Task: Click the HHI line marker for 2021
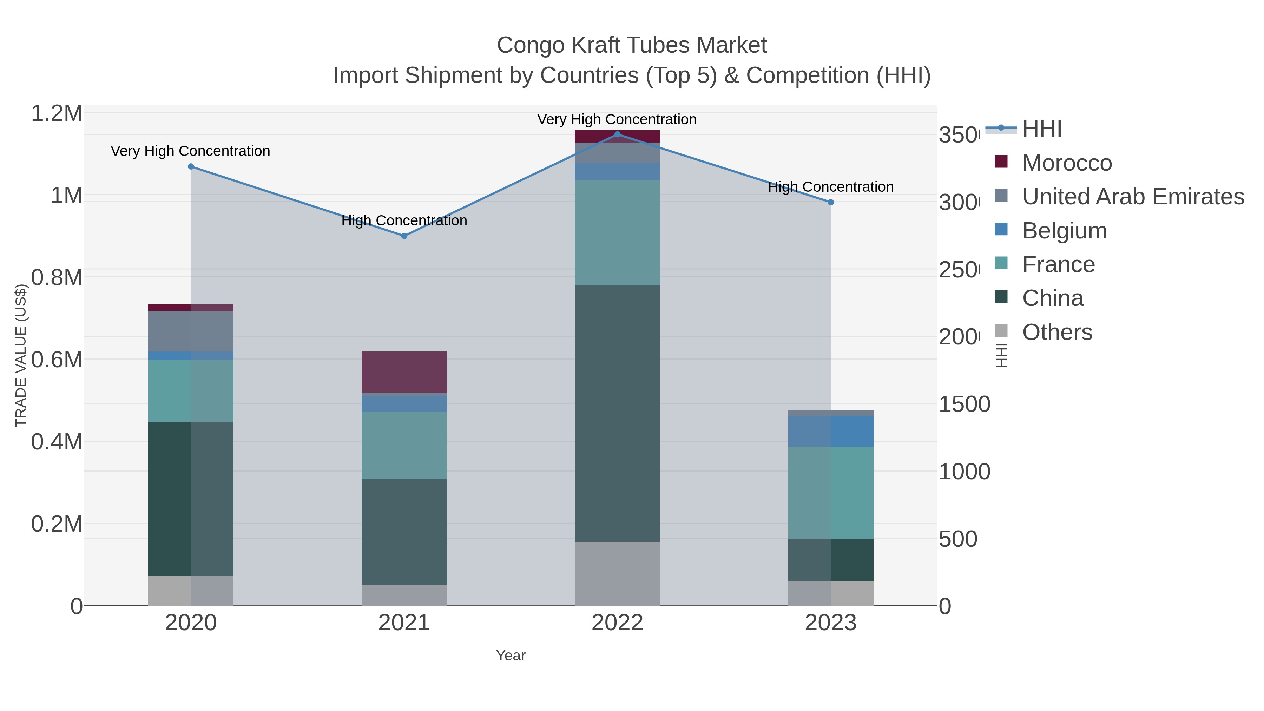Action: point(404,236)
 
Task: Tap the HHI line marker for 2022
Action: point(617,134)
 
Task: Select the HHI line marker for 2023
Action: point(830,202)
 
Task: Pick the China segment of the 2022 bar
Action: point(617,413)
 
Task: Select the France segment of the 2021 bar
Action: point(404,446)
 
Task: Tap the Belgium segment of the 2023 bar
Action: point(830,431)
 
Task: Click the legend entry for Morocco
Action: point(1067,163)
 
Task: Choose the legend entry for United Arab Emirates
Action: point(1132,197)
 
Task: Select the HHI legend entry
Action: point(1041,129)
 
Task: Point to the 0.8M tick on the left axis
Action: point(57,278)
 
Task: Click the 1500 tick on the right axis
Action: point(964,405)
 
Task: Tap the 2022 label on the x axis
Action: point(617,623)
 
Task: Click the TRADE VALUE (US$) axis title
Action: point(21,355)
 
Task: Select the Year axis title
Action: point(510,656)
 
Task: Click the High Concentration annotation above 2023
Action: point(830,187)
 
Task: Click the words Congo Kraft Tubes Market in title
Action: point(632,45)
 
